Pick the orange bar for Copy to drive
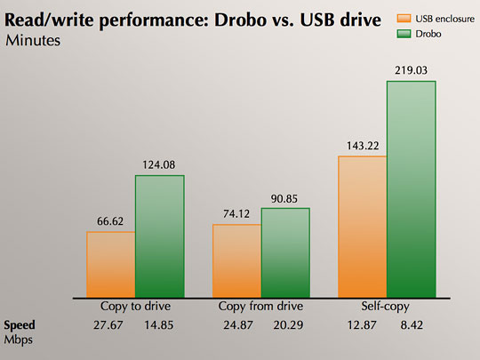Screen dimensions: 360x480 [110, 264]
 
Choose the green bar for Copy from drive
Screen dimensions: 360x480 [285, 252]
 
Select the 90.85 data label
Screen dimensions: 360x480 [286, 198]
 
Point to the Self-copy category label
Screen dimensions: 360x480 [387, 307]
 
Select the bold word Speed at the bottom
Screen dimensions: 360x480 [23, 325]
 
